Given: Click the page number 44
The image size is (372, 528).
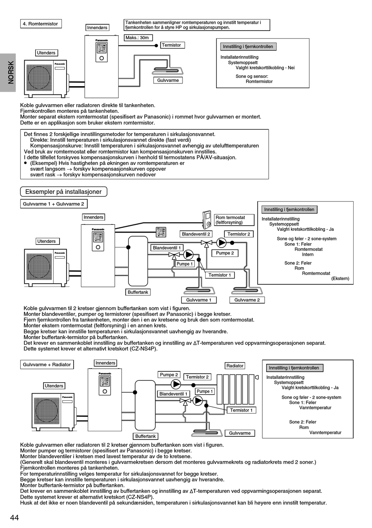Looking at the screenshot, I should [x=14, y=517].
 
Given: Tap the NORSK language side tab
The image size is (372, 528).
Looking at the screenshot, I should [x=8, y=72].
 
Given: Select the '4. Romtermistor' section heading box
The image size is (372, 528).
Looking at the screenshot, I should [x=41, y=24].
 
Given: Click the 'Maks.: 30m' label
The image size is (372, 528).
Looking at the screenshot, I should [x=137, y=38].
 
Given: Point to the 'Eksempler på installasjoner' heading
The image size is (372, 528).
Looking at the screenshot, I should [x=63, y=192].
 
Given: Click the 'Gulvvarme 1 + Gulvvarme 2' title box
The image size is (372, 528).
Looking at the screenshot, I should [x=54, y=204].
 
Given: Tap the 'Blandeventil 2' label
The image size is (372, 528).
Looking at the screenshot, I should [x=196, y=234].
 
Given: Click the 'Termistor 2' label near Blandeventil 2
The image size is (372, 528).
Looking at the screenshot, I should [x=239, y=234].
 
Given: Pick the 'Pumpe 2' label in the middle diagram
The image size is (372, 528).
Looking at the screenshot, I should [x=225, y=253].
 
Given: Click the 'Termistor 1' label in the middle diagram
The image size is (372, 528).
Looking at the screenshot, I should [x=220, y=275].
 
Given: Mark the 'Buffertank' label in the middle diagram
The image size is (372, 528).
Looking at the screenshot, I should [x=138, y=292].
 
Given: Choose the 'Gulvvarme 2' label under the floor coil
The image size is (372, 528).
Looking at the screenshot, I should [x=247, y=300].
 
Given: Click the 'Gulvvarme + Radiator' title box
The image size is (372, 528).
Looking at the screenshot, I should [x=47, y=365].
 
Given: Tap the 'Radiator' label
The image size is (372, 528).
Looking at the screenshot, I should [x=235, y=366].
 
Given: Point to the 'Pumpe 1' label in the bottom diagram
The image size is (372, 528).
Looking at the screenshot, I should [x=205, y=391].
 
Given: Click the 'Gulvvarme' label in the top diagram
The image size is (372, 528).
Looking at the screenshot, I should [x=168, y=80].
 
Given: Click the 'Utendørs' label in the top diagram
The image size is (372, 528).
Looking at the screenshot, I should [x=46, y=53].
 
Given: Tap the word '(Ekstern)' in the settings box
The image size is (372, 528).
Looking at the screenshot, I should [x=340, y=278].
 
